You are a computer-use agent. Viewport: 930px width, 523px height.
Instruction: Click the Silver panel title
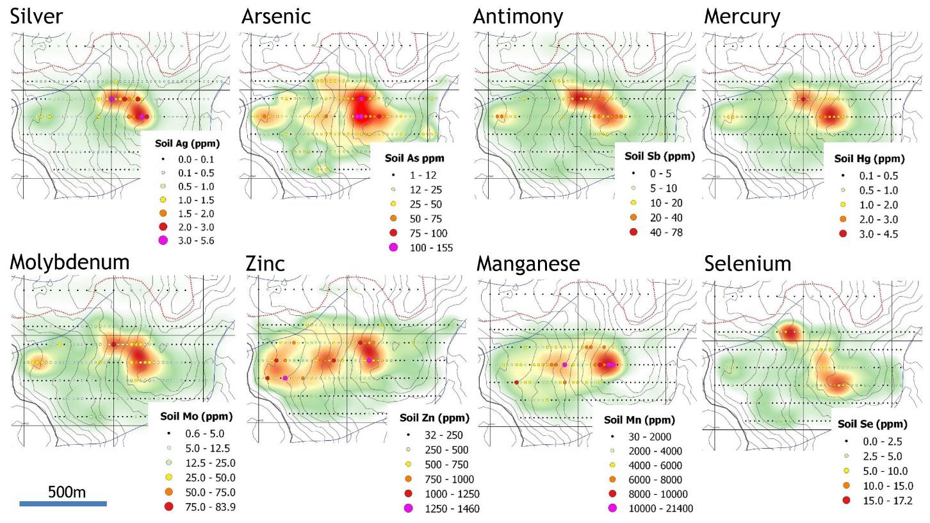(x=37, y=17)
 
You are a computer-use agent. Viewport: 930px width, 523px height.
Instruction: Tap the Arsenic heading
(x=276, y=17)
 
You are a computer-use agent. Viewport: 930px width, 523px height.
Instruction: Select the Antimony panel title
(x=518, y=17)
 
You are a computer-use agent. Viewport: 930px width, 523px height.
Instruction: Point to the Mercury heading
(x=742, y=17)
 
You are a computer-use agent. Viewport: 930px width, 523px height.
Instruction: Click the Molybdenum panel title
(x=70, y=262)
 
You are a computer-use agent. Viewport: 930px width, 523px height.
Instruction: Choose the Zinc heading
(x=265, y=263)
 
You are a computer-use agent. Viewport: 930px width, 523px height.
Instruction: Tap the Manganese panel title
(x=528, y=263)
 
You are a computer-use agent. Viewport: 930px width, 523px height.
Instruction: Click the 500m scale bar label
(x=67, y=492)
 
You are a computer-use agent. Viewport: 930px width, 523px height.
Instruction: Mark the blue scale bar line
(x=63, y=504)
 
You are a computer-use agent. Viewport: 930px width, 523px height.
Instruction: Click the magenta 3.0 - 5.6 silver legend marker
(x=163, y=240)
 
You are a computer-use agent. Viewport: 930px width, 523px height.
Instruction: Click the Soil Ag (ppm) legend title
(x=187, y=144)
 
